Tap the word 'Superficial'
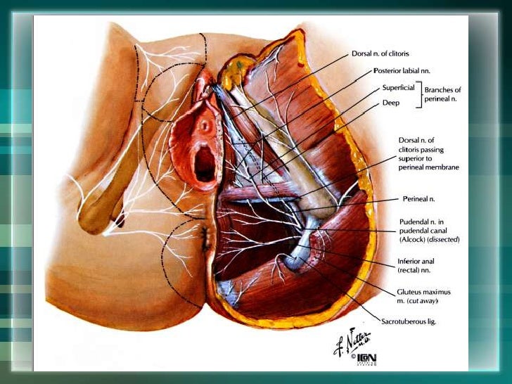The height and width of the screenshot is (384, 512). (399, 89)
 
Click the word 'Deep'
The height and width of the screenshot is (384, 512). (391, 103)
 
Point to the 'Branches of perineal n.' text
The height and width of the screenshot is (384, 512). (442, 95)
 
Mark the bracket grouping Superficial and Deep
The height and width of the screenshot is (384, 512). (421, 95)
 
